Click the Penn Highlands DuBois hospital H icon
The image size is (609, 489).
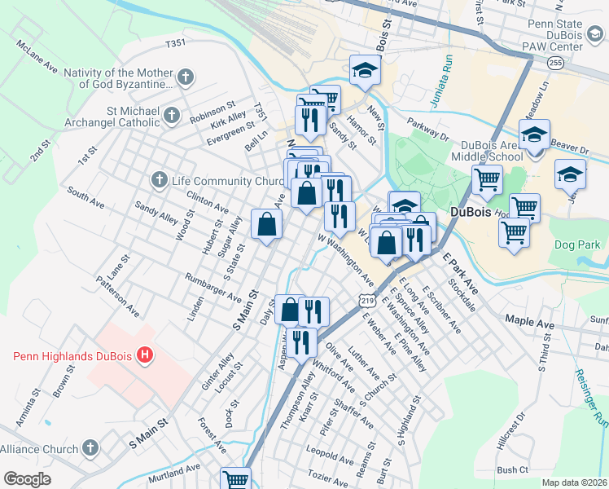[x=145, y=355]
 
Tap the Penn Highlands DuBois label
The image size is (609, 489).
[x=73, y=355]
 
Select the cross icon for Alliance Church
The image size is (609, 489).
[x=90, y=448]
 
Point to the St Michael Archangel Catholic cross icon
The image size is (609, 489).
[x=171, y=116]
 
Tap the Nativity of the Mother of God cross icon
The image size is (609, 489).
[x=186, y=78]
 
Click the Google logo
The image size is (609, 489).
[x=27, y=479]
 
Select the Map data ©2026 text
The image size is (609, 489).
[x=574, y=482]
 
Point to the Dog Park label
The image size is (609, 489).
[x=578, y=244]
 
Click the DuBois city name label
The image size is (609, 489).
[x=470, y=213]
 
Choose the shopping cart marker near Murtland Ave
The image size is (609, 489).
[x=235, y=479]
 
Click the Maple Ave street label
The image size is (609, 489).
[x=529, y=324]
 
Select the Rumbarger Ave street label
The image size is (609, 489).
[x=213, y=287]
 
